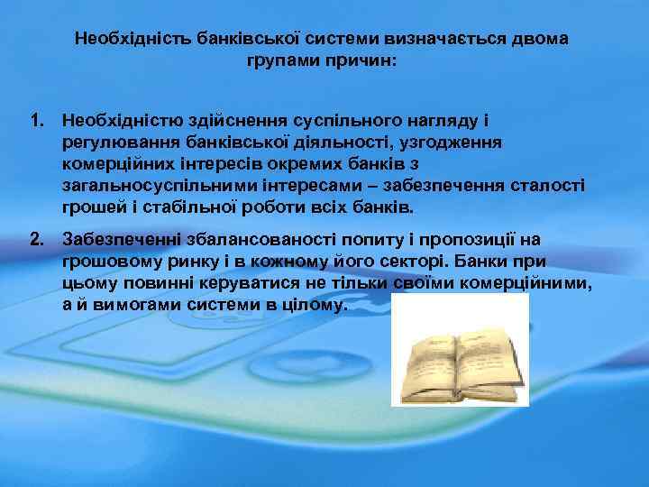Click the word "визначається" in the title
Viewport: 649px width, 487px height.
click(437, 40)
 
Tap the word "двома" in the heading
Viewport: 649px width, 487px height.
click(537, 40)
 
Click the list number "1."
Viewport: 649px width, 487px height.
click(38, 120)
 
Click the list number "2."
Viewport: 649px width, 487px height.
click(38, 239)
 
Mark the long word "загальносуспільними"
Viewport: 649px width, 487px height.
click(160, 185)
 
